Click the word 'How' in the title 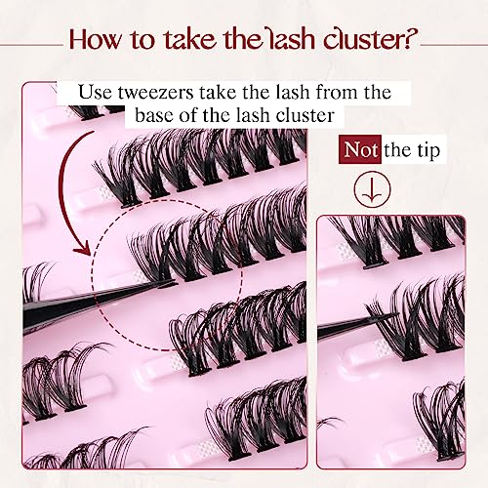tap(95, 39)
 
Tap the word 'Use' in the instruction tap(95, 93)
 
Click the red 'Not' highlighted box tap(360, 149)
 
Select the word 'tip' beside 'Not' tap(428, 150)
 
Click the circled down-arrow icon tap(372, 189)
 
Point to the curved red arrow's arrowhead tap(82, 248)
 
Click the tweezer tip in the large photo tap(175, 284)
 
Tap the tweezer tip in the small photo tap(396, 314)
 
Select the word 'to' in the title tap(142, 40)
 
